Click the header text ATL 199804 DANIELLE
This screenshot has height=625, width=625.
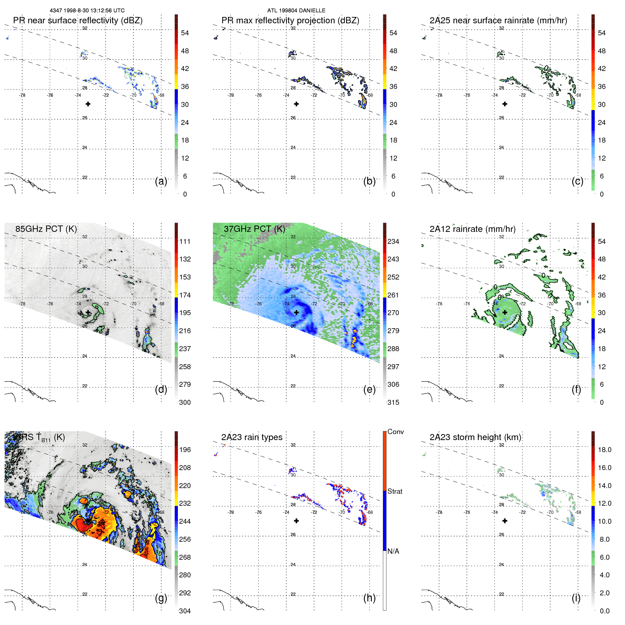296,11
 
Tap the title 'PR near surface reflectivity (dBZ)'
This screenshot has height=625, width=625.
78,20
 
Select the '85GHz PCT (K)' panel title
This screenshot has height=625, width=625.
46,229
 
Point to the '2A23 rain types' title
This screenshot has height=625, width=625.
252,437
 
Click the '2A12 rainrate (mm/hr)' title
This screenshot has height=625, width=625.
472,229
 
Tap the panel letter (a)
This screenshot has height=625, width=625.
161,181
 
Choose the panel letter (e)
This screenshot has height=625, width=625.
369,389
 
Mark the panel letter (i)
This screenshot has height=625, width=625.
576,598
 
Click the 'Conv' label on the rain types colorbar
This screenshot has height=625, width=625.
395,432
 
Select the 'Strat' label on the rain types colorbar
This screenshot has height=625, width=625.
395,491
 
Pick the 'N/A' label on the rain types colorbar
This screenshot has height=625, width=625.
393,551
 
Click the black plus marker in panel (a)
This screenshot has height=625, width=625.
88,104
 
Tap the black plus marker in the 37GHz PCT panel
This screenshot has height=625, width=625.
296,312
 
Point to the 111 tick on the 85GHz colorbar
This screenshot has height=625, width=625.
185,241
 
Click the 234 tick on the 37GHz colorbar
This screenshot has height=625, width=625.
393,241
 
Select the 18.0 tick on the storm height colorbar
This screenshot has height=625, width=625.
604,450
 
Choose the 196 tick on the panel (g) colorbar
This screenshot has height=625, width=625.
185,450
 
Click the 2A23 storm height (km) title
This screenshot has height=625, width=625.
475,437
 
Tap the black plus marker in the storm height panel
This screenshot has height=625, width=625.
505,521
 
